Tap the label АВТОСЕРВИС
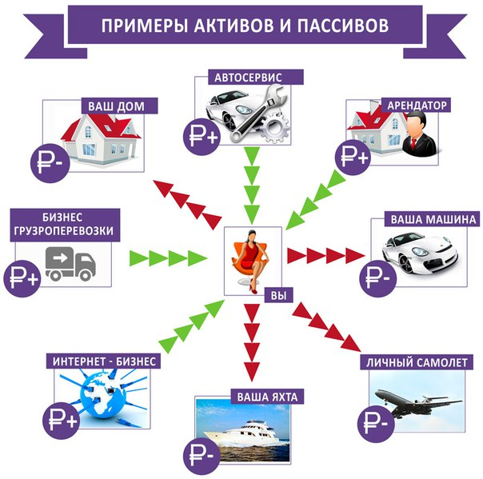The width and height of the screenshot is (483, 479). pyautogui.click(x=246, y=78)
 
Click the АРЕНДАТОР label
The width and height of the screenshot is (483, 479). pyautogui.click(x=416, y=105)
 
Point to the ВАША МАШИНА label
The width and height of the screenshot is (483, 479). pyautogui.click(x=433, y=218)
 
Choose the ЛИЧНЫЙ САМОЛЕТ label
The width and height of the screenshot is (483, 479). pyautogui.click(x=416, y=363)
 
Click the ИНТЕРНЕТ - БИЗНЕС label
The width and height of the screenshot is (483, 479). pyautogui.click(x=103, y=361)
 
